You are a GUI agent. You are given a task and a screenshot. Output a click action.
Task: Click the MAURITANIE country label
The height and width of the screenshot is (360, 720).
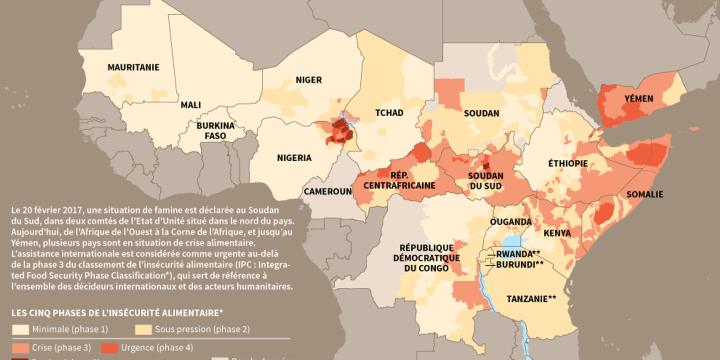133,67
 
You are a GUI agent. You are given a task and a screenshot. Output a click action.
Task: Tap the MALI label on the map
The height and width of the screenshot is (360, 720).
190,105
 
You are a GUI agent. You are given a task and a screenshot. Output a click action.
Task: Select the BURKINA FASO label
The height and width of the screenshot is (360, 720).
215,130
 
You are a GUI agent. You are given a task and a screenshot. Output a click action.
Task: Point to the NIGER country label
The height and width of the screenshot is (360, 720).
308,80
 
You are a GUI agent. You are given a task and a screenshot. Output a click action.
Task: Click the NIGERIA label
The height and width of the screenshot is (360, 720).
294,158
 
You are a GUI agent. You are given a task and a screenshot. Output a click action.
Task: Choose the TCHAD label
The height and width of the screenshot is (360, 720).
389,112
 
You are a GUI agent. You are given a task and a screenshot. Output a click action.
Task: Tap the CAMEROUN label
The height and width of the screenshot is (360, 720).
328,191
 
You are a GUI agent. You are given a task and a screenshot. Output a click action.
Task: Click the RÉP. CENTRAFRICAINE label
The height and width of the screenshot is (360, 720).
399,180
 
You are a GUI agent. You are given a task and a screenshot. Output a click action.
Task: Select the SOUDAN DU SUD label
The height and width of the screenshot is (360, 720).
485,181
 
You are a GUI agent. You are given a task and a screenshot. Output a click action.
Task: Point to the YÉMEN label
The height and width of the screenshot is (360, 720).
638,98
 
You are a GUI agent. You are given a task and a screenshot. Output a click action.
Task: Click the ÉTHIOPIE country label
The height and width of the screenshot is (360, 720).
567,163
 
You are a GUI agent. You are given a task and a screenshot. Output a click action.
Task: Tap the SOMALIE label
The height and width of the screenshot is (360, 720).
644,194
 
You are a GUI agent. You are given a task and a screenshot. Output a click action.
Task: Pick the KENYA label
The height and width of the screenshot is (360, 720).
557,233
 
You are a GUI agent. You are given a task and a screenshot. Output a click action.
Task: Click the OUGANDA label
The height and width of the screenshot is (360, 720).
510,221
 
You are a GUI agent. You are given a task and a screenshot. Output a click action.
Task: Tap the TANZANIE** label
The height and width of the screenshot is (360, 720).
531,299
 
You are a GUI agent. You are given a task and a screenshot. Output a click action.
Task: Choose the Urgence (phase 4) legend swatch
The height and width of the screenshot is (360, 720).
110,347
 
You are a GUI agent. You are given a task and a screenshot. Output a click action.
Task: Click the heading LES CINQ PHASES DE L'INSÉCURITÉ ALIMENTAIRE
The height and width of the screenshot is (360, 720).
117,312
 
